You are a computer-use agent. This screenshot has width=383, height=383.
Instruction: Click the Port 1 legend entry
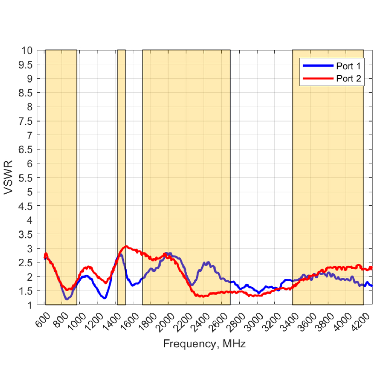point(348,66)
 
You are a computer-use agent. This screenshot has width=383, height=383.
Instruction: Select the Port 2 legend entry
point(348,79)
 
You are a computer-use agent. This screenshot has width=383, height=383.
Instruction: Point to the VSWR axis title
point(8,178)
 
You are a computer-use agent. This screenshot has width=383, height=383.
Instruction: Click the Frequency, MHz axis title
point(204,344)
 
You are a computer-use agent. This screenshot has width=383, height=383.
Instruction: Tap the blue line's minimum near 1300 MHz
point(104,298)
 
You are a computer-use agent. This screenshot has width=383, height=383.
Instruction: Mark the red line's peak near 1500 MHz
point(126,246)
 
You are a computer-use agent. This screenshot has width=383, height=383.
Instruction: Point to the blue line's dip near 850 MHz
point(67,299)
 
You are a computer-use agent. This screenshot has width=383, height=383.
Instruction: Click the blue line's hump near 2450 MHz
point(207,263)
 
